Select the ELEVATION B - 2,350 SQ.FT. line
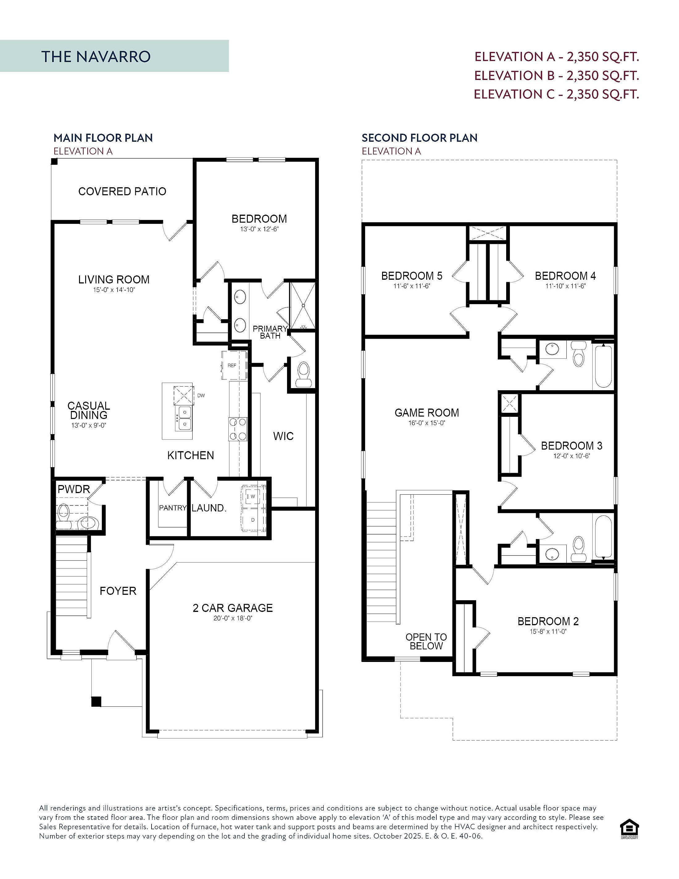556,75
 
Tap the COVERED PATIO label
122,191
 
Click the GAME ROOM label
427,412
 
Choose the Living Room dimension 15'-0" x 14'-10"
114,290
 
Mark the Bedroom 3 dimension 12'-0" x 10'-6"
571,456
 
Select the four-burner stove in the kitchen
238,429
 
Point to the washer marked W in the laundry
253,496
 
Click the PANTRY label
173,508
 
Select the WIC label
283,436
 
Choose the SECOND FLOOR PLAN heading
419,138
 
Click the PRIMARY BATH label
270,332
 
